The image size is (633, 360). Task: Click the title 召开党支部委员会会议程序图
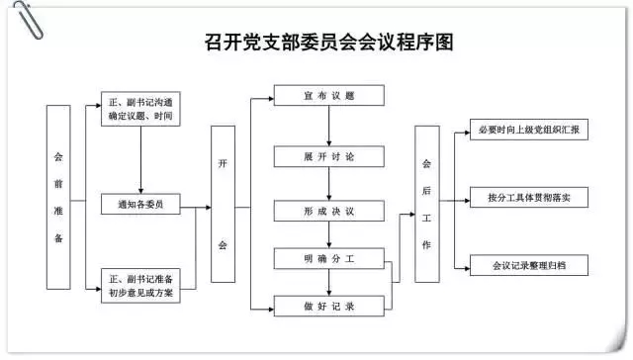tap(321, 42)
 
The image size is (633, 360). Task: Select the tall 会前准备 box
tap(58, 197)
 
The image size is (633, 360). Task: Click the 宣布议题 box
tap(329, 96)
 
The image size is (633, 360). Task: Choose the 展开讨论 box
tap(329, 157)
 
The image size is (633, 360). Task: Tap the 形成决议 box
tap(329, 211)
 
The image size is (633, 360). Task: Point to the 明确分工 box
tap(329, 260)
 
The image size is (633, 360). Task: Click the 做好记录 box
tap(329, 307)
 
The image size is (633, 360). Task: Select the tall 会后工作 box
tap(427, 203)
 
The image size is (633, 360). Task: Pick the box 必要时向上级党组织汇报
tap(528, 131)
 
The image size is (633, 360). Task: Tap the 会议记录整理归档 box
tap(528, 266)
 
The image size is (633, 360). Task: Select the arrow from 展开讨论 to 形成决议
tap(329, 184)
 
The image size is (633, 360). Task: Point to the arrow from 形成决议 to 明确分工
tap(329, 235)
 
